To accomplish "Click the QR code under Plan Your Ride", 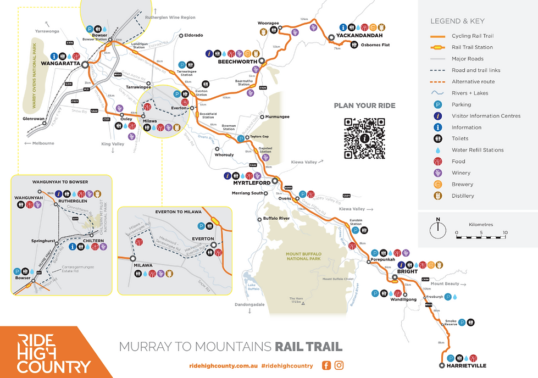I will pyautogui.click(x=364, y=138).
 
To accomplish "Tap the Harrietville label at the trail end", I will pyautogui.click(x=468, y=365).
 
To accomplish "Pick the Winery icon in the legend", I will pyautogui.click(x=438, y=173).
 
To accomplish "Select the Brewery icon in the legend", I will pyautogui.click(x=438, y=184).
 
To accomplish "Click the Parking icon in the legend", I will pyautogui.click(x=438, y=104).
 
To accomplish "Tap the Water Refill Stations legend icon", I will pyautogui.click(x=438, y=150).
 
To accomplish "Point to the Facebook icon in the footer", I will pyautogui.click(x=326, y=365).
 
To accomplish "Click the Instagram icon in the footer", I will pyautogui.click(x=339, y=365).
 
